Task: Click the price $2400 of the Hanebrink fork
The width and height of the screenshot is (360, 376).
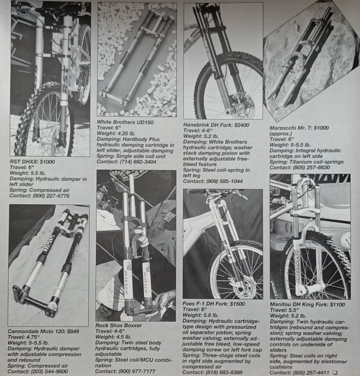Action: click(241, 125)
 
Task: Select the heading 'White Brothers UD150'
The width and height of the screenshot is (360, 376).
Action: click(125, 122)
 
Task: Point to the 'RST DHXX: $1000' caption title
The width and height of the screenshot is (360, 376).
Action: click(32, 162)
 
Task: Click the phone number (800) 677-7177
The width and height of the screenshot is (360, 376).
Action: click(137, 371)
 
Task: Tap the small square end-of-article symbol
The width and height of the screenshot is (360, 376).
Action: click(335, 372)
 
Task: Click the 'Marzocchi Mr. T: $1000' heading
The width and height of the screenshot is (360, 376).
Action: click(299, 128)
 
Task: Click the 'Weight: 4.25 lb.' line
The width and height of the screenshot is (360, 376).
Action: click(116, 133)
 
